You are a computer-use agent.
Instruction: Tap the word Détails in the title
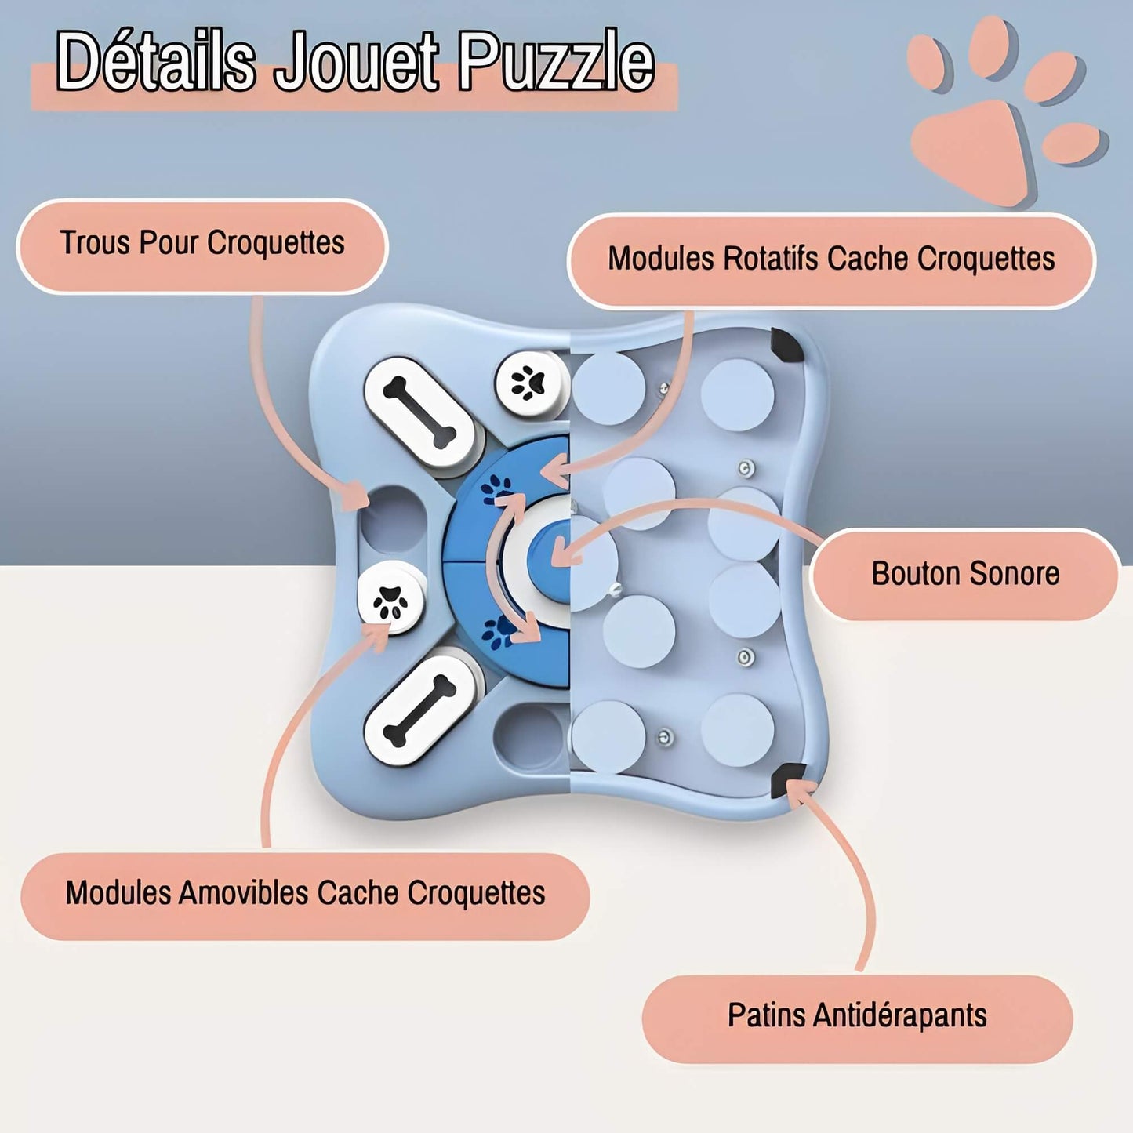click(x=156, y=61)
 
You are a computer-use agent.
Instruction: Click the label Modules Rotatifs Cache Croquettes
click(x=831, y=260)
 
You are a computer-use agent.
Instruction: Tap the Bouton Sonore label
click(x=965, y=574)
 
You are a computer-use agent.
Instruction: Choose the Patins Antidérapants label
click(x=857, y=1016)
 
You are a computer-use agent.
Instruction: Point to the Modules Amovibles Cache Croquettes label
click(x=305, y=894)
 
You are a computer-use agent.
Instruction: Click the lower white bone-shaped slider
click(x=420, y=710)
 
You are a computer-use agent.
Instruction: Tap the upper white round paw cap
click(x=531, y=383)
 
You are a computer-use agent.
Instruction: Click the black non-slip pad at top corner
click(x=786, y=345)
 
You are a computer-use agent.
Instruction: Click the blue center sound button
click(x=554, y=553)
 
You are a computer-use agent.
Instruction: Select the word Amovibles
click(x=243, y=894)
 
